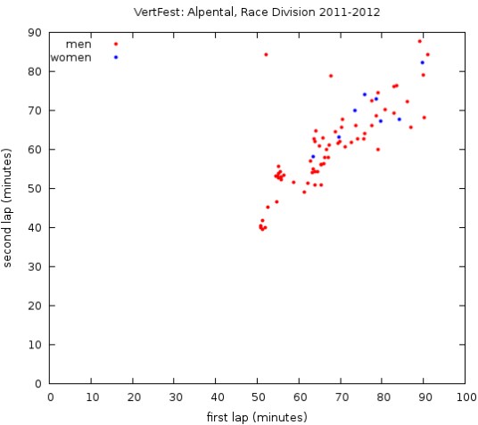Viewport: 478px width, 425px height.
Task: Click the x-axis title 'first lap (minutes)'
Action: coord(258,416)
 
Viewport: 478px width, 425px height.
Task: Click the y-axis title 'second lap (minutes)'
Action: coord(8,208)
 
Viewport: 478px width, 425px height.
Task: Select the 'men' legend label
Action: coord(79,44)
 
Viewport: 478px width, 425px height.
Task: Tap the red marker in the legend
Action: coord(116,44)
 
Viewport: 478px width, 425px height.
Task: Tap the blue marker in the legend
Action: coord(116,57)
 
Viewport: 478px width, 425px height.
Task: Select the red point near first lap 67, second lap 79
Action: coord(331,76)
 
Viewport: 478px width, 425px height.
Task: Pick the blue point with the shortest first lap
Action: coord(313,157)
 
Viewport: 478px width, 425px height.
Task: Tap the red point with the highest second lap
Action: coord(420,41)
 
